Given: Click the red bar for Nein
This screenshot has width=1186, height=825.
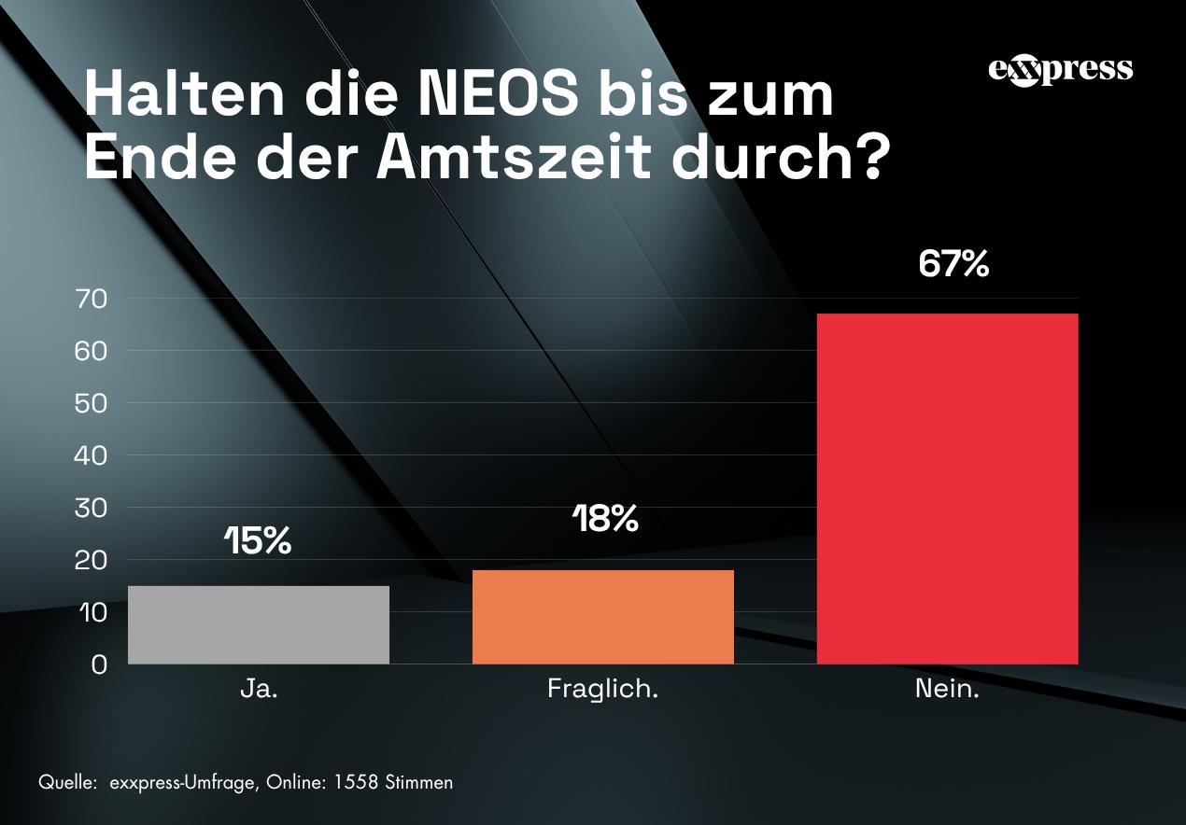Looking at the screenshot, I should coord(947,488).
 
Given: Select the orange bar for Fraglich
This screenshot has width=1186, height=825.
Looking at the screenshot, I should coord(602,617).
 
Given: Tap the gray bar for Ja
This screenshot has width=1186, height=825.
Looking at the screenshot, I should coord(258,624).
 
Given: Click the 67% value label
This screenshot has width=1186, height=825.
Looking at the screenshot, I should coord(953,264).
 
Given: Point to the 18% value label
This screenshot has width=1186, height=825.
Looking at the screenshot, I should coord(605,519).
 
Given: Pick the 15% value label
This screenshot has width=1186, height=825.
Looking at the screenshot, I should coord(258,540).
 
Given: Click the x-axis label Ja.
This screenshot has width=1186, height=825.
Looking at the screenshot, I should coord(259,690).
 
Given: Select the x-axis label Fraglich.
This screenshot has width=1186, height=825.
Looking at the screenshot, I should coord(602,690).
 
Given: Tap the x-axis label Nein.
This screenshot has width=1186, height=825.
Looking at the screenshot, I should coord(947,690).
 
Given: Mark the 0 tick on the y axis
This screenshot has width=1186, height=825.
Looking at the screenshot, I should coord(99,664).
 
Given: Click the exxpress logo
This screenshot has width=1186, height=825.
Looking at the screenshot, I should coord(1060,70).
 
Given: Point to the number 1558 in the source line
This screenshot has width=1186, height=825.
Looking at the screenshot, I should coord(355,782).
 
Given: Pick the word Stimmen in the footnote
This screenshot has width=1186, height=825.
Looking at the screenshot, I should coord(418,782).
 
